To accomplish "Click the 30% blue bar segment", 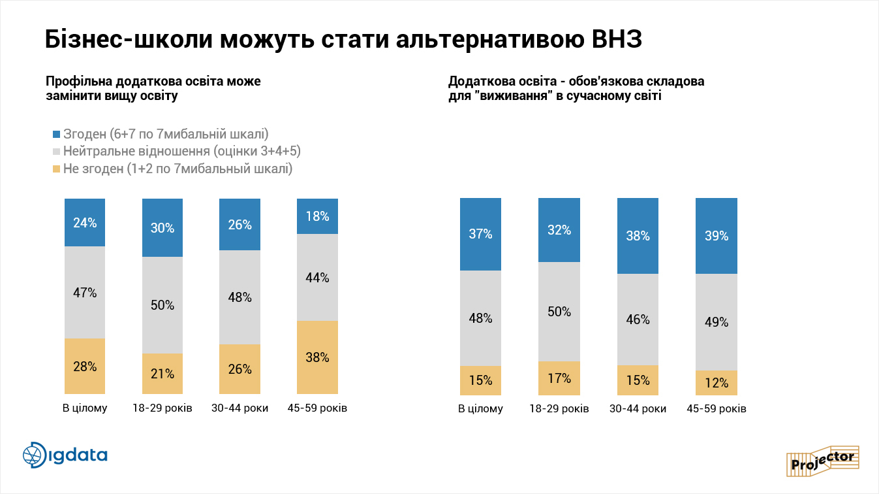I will click(x=162, y=227).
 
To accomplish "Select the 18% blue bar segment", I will click(x=318, y=216).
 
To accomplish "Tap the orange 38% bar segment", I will click(x=318, y=357).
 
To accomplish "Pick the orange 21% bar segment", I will click(x=162, y=374).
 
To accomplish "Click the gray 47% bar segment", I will click(x=85, y=293).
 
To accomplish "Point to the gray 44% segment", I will click(x=318, y=278).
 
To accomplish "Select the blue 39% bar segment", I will click(x=717, y=236).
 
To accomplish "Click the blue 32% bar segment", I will click(x=559, y=230).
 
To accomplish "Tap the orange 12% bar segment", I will click(x=717, y=383).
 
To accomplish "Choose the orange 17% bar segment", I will click(x=559, y=378).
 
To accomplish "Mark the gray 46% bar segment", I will click(x=638, y=320).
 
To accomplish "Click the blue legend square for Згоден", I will click(x=57, y=135).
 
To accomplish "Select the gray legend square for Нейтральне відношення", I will click(x=57, y=152).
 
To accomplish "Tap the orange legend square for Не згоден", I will click(x=57, y=169).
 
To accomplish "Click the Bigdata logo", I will click(x=65, y=455).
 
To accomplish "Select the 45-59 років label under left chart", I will click(x=318, y=408).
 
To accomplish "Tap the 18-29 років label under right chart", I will click(x=559, y=409).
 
